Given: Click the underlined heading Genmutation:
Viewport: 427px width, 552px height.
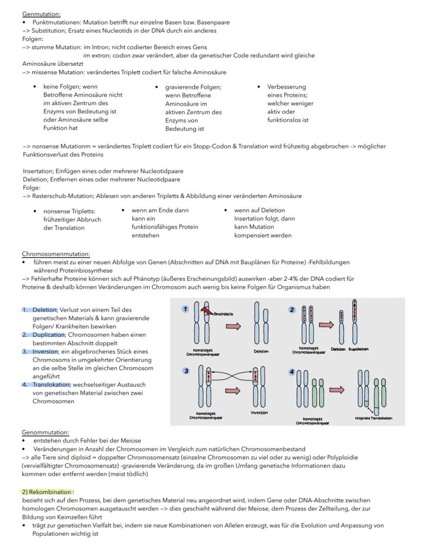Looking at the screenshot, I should pos(41,14).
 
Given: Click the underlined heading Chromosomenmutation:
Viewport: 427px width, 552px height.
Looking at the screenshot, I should pos(56,254).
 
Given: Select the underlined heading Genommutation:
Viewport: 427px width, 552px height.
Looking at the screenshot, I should pos(45,432).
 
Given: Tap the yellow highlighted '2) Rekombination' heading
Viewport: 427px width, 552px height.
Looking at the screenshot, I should pos(47,492).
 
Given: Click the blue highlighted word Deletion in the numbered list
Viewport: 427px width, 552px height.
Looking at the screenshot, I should pos(44,310).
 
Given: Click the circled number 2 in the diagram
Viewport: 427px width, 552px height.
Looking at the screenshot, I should pos(292,310).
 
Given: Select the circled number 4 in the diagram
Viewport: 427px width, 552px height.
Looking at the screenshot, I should pos(291,371).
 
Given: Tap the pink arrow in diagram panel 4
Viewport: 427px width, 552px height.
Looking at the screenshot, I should pos(337,390).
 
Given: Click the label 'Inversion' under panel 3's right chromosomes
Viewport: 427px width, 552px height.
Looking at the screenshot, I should pos(259,412).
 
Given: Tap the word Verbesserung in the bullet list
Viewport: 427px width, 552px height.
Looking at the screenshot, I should pos(286,87).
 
